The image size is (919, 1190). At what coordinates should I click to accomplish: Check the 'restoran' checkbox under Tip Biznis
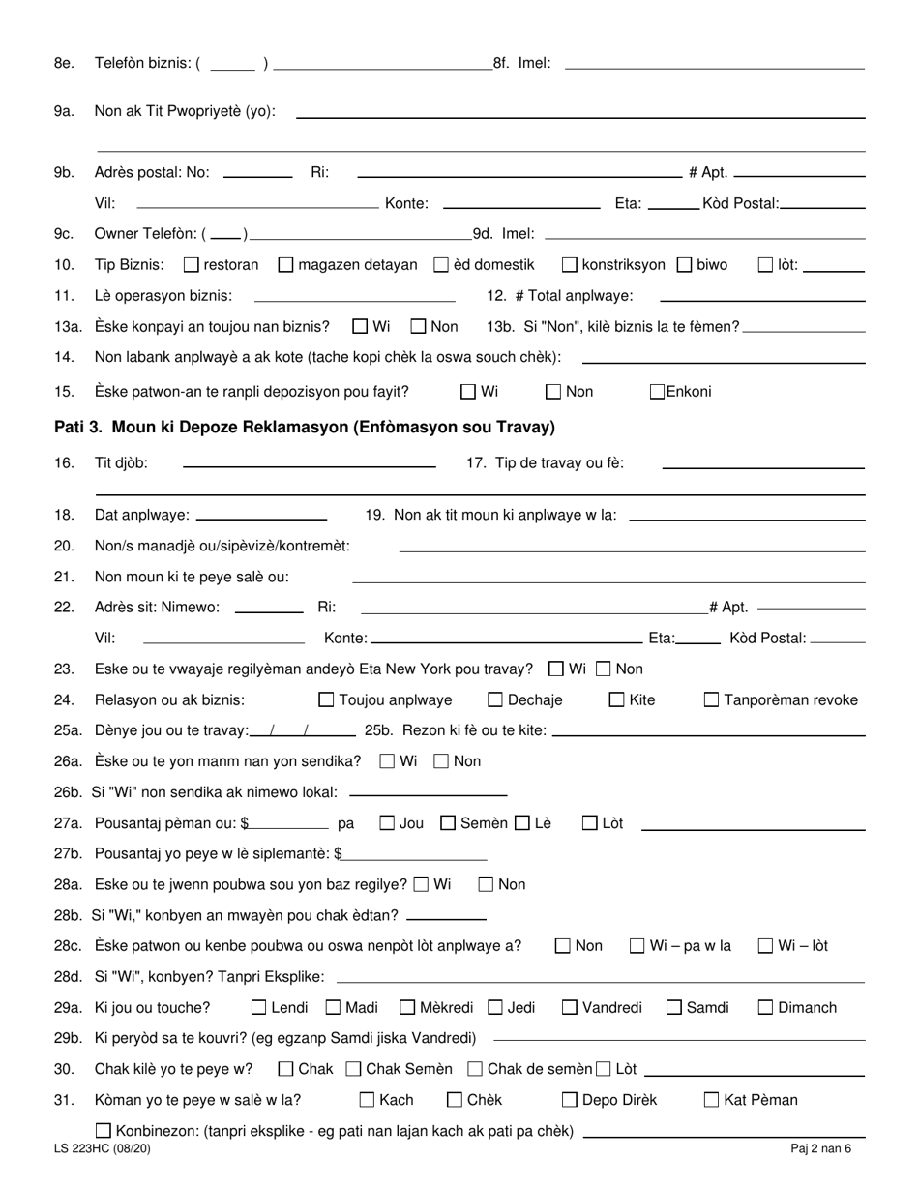[x=191, y=264]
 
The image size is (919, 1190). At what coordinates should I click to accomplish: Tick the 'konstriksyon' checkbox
[x=570, y=264]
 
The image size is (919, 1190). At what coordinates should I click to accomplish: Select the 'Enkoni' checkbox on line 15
[x=658, y=392]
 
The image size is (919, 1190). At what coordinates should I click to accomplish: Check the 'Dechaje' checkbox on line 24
[x=495, y=699]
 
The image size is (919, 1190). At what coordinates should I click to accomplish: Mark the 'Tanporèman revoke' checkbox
[x=711, y=699]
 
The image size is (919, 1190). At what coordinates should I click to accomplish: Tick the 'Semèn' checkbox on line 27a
[x=448, y=823]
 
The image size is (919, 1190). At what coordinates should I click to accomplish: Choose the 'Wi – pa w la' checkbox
[x=637, y=946]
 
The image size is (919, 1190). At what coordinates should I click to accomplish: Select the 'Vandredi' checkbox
[x=570, y=1008]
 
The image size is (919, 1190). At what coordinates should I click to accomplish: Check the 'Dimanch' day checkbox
[x=765, y=1008]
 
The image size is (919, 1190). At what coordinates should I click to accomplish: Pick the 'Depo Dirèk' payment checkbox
[x=570, y=1099]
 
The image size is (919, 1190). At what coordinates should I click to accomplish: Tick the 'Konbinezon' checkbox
[x=104, y=1130]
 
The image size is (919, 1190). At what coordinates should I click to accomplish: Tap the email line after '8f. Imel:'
[x=714, y=64]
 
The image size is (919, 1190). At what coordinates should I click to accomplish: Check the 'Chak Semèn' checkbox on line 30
[x=354, y=1069]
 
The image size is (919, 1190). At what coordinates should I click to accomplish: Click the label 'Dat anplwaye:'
[x=142, y=516]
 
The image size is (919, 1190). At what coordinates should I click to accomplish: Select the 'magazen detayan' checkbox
[x=285, y=264]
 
